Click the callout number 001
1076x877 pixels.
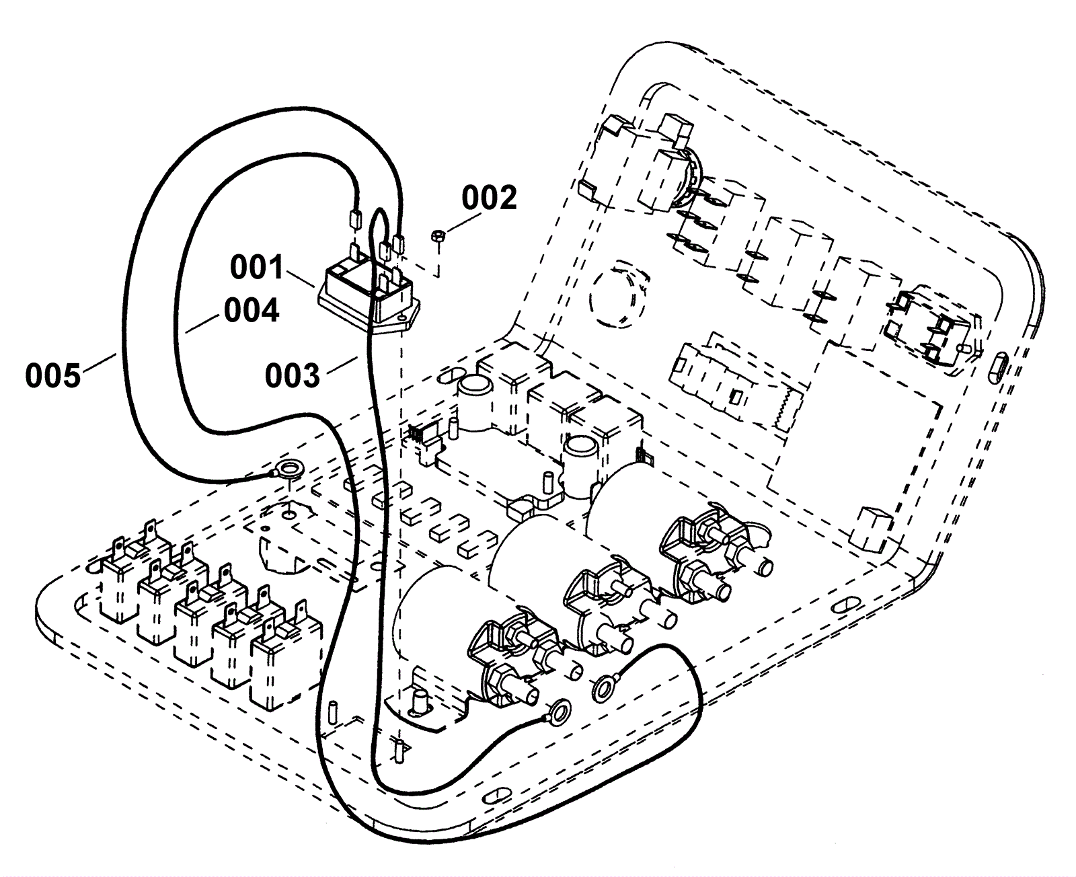pyautogui.click(x=257, y=268)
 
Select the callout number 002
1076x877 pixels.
pyautogui.click(x=489, y=198)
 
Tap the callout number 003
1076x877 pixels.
pyautogui.click(x=293, y=376)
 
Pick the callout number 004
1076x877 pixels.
pyautogui.click(x=251, y=310)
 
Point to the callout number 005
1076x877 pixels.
pyautogui.click(x=53, y=376)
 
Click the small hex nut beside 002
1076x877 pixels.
pyautogui.click(x=438, y=237)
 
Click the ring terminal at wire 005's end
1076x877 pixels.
pyautogui.click(x=287, y=470)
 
